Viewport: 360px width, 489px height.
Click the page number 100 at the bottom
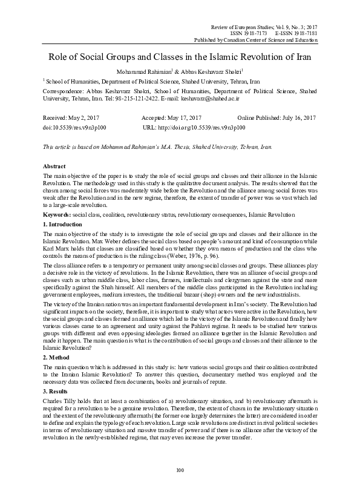pyautogui.click(x=180, y=471)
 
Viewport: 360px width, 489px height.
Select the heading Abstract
pyautogui.click(x=55, y=165)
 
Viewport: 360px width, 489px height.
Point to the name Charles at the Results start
pyautogui.click(x=53, y=401)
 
